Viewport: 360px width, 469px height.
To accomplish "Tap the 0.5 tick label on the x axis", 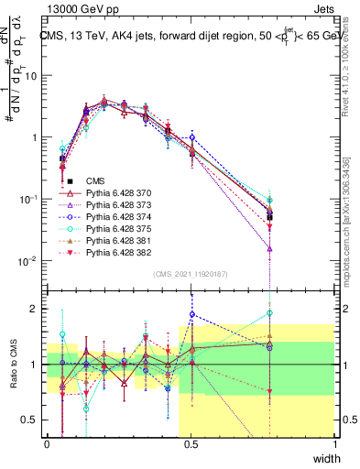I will [x=191, y=444].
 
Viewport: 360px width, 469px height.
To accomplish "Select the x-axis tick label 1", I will [x=334, y=444].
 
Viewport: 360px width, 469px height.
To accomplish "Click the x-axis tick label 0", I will [x=48, y=444].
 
